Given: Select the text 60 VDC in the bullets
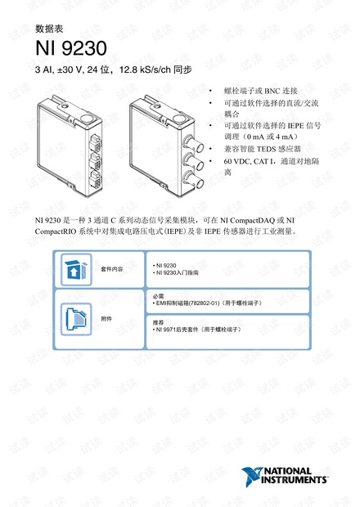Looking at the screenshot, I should (236, 161).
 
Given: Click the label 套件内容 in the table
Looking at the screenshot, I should (112, 269).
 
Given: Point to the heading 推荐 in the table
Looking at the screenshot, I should (158, 322).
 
